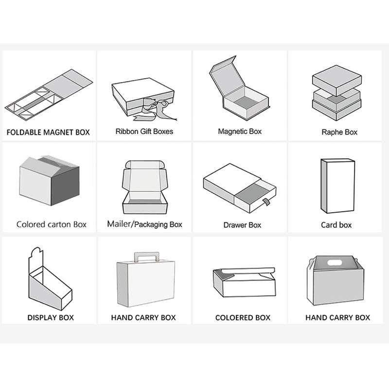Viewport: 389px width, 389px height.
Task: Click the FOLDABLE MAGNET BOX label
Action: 48,132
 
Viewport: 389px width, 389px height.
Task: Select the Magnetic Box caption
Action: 240,132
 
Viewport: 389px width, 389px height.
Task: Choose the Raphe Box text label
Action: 339,132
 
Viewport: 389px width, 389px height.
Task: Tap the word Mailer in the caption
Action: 119,224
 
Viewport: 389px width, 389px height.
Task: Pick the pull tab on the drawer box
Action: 266,202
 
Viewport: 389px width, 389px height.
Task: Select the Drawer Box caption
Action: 242,225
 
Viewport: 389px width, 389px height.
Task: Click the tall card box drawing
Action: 337,186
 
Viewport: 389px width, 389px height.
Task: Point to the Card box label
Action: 336,225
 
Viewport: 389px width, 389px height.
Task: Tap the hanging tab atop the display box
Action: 36,258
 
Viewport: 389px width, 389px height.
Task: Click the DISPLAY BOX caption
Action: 51,318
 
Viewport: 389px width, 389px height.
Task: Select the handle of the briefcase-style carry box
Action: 146,257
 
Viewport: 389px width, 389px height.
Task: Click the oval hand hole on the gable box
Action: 335,262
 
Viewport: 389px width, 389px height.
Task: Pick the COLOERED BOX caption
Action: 243,318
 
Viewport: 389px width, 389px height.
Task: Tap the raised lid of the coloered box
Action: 248,271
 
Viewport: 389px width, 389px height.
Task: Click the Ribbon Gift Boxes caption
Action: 144,132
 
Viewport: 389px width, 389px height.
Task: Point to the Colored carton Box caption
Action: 52,224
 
